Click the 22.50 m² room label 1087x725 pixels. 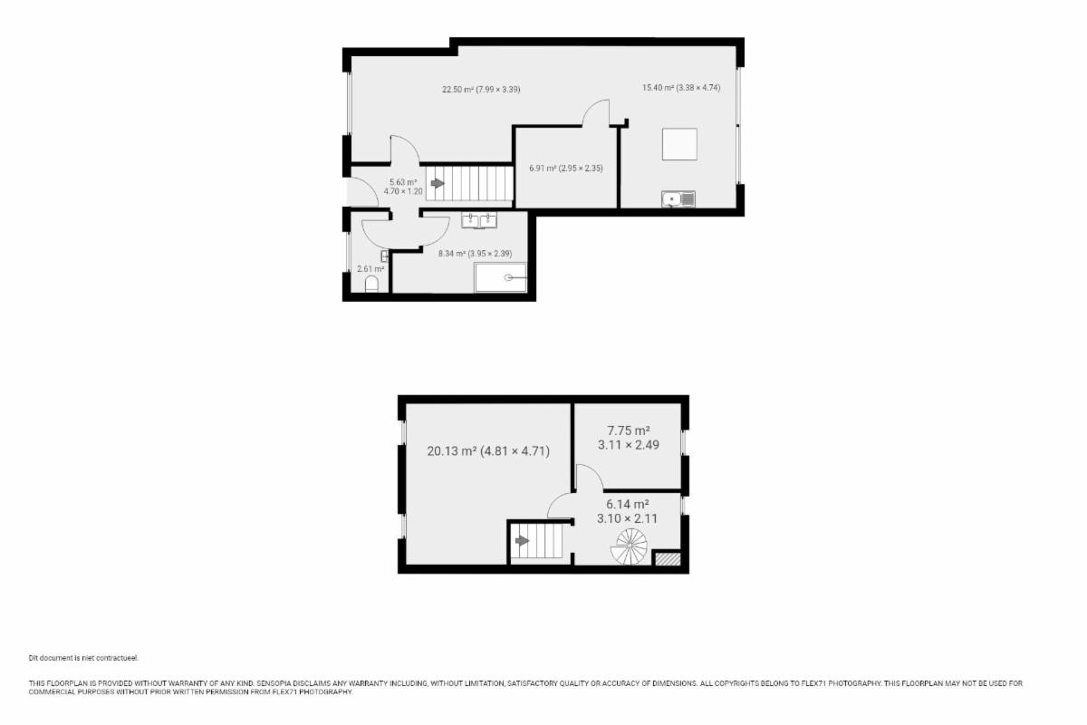[x=481, y=90]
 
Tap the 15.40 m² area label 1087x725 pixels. [x=681, y=88]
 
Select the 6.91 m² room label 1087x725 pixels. [x=566, y=169]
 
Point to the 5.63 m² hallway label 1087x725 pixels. [x=403, y=187]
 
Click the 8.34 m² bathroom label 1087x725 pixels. [x=475, y=254]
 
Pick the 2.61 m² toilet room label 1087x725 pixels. [x=370, y=268]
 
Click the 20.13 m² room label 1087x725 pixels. [x=488, y=451]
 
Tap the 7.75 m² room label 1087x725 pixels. [x=629, y=438]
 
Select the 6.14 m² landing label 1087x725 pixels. [x=628, y=511]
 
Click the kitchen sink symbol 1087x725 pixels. [x=678, y=199]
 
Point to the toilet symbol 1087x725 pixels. [x=371, y=284]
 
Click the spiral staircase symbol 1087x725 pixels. [x=629, y=546]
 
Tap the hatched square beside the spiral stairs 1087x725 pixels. [x=668, y=558]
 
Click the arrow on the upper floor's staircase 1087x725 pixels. [x=438, y=183]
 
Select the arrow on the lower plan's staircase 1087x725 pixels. [x=522, y=540]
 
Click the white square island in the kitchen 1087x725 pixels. [x=679, y=144]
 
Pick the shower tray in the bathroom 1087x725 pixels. [x=500, y=277]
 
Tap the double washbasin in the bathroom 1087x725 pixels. [x=479, y=220]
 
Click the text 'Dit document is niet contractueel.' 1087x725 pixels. [x=83, y=659]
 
